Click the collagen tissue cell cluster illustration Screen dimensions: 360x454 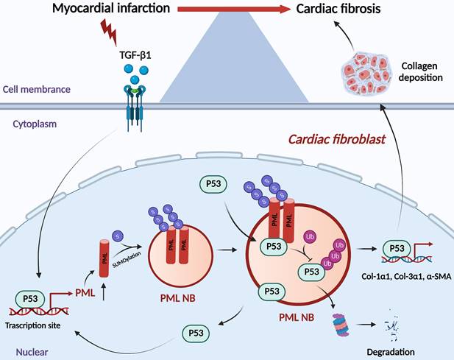(x=371, y=71)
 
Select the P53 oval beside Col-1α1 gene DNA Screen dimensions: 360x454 (x=394, y=247)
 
